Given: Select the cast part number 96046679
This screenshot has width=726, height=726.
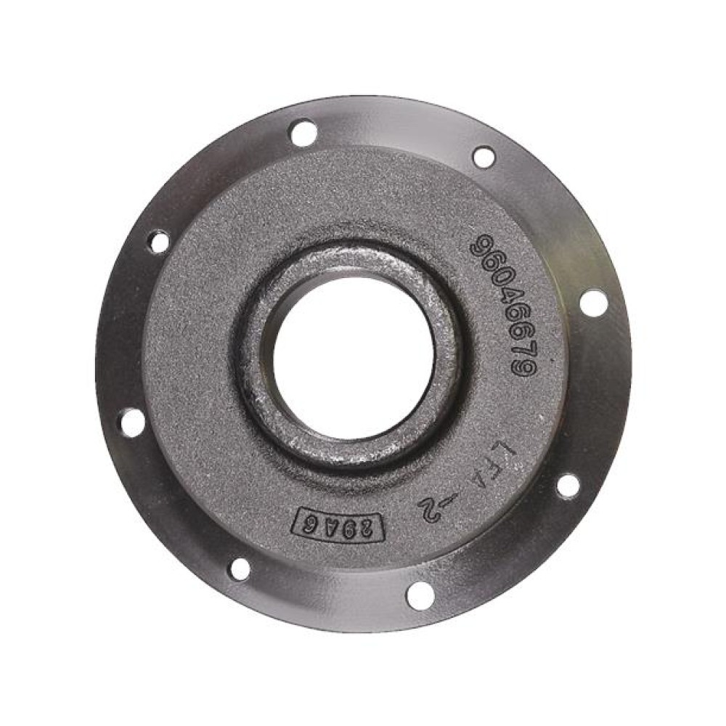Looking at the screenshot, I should click(x=505, y=306).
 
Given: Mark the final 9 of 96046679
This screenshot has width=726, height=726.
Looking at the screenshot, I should click(x=523, y=369).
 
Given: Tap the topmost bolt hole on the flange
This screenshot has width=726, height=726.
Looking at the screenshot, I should click(x=303, y=133).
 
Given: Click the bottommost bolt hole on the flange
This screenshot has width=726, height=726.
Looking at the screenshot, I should click(x=420, y=595).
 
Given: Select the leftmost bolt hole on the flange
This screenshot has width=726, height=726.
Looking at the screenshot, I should click(x=132, y=422).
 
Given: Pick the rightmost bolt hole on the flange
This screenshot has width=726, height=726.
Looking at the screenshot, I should click(x=594, y=302).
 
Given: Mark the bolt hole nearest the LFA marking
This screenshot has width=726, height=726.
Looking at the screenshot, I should click(x=568, y=485).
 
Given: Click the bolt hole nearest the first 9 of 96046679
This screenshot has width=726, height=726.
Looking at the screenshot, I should click(x=484, y=157).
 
